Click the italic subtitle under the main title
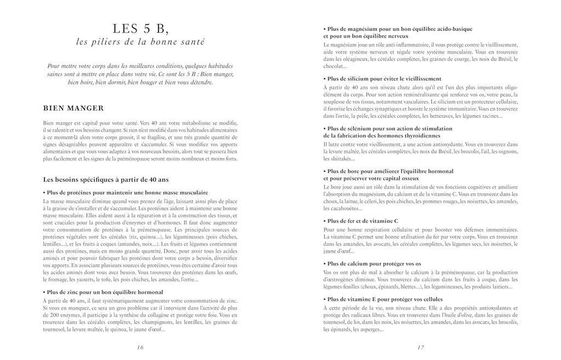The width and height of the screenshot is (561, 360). pos(140,42)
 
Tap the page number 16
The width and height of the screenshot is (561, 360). pos(140,347)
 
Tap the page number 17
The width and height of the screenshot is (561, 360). pos(421,347)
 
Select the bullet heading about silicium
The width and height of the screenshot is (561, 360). pos(382,78)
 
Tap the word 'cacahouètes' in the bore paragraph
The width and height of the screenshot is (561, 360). pos(341,208)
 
